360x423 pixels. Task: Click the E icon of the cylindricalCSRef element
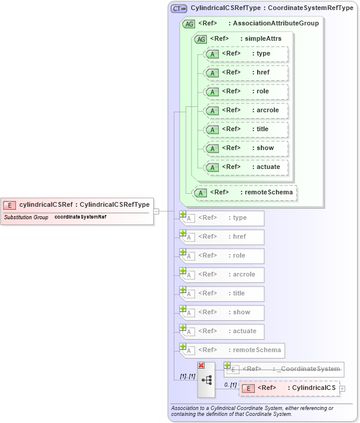tap(9, 205)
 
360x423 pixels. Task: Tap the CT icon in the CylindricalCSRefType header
tap(179, 8)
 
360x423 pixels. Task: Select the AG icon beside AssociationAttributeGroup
tap(189, 24)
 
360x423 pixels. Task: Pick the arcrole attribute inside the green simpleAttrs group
tap(245, 110)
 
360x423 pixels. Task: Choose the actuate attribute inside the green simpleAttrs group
tap(245, 167)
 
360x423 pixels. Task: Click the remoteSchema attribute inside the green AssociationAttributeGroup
tap(245, 193)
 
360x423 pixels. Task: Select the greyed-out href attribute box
tap(222, 237)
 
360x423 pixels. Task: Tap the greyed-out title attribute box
tap(222, 294)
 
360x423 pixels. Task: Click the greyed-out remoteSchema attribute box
tap(231, 350)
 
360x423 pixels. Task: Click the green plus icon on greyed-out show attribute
tap(183, 308)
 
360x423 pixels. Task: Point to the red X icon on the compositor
tap(202, 366)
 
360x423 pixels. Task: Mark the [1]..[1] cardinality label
tap(187, 376)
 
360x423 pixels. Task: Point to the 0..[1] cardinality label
tap(230, 385)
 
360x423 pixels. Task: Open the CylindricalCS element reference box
tap(290, 388)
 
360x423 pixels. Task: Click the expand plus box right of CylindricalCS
tap(342, 388)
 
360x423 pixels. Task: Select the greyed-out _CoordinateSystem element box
tap(284, 369)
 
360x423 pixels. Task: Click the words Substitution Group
tap(26, 217)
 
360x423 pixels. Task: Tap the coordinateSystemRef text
tap(80, 217)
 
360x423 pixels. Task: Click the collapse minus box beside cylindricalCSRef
tap(157, 211)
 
